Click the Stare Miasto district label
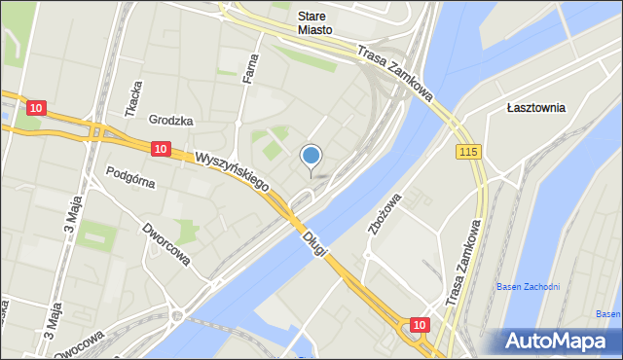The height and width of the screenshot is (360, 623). click(x=315, y=23)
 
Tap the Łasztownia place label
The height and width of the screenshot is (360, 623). click(x=535, y=108)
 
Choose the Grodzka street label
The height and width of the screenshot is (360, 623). click(x=170, y=121)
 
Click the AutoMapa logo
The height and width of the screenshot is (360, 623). click(x=557, y=341)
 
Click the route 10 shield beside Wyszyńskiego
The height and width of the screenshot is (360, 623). click(x=161, y=149)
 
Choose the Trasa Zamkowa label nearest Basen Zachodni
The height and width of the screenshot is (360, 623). click(x=464, y=263)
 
